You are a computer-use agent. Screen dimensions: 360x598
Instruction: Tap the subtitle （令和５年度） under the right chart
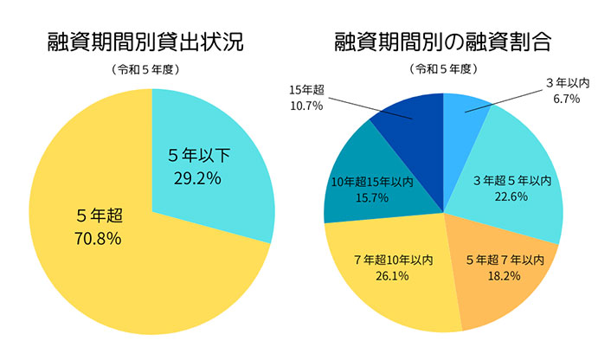443,70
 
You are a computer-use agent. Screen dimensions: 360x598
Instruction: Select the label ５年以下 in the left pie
199,157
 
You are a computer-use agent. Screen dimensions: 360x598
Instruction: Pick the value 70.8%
98,237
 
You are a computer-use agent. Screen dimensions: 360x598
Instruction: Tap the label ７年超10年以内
394,260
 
